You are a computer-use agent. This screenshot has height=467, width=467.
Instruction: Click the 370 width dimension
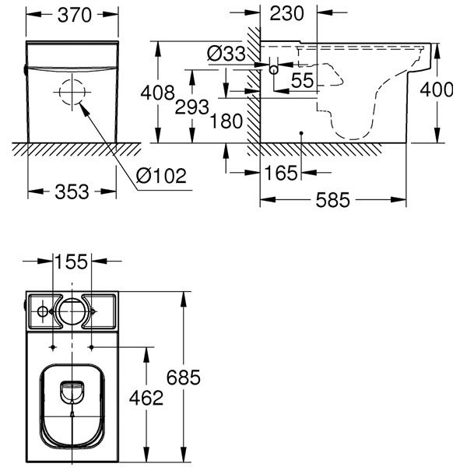point(75,15)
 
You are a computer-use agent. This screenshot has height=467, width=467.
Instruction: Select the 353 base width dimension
point(72,191)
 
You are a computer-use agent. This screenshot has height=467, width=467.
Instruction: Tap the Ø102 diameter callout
point(161,175)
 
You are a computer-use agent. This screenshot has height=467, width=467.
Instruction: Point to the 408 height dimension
point(157,93)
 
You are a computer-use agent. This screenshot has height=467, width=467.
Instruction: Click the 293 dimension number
point(191,107)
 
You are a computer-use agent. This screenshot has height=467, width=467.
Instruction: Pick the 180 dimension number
point(226,121)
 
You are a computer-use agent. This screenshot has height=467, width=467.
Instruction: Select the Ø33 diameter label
point(226,54)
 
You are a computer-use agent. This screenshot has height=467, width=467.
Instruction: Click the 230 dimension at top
point(286,13)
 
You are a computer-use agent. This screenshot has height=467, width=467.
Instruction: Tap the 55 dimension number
point(302,80)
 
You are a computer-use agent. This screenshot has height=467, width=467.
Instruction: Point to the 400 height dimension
point(437,90)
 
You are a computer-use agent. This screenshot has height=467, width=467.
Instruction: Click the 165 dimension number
point(281,173)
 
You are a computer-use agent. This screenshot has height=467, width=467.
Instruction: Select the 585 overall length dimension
point(332,199)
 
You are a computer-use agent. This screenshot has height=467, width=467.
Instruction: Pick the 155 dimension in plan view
point(72,262)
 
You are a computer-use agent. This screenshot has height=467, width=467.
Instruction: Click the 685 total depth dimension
point(183,377)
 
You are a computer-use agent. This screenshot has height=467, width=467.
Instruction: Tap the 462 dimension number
point(146,398)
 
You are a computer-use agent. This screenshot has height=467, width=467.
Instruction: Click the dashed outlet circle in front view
point(72,79)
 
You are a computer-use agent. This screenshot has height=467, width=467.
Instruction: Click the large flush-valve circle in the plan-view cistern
point(72,299)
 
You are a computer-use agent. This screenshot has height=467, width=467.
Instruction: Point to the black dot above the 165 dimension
point(301,133)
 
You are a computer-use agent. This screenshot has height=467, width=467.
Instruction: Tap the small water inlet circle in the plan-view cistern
point(43,307)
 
